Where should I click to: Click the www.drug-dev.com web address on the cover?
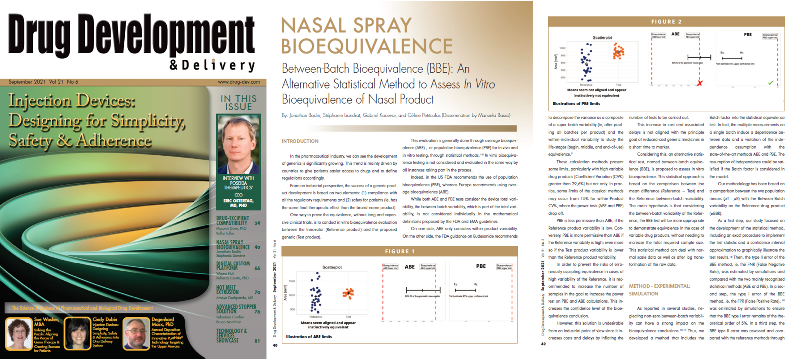point(239,82)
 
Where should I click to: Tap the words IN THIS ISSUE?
point(239,103)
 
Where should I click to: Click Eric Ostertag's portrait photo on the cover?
point(238,144)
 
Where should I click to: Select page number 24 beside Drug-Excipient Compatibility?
point(257,223)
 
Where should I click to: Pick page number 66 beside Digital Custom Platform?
point(257,268)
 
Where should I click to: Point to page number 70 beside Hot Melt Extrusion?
point(257,292)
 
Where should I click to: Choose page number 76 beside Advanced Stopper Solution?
point(257,312)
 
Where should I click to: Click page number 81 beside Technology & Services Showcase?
point(257,341)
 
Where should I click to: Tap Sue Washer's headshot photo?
point(18,333)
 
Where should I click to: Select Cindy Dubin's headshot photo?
point(78,334)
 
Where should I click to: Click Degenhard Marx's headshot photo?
point(137,334)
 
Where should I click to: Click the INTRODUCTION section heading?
point(300,141)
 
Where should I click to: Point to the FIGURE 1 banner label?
point(400,251)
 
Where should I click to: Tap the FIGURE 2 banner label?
point(666,22)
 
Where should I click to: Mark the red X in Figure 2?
point(700,83)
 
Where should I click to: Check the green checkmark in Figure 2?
point(771,82)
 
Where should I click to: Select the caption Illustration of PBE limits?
point(576,104)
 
